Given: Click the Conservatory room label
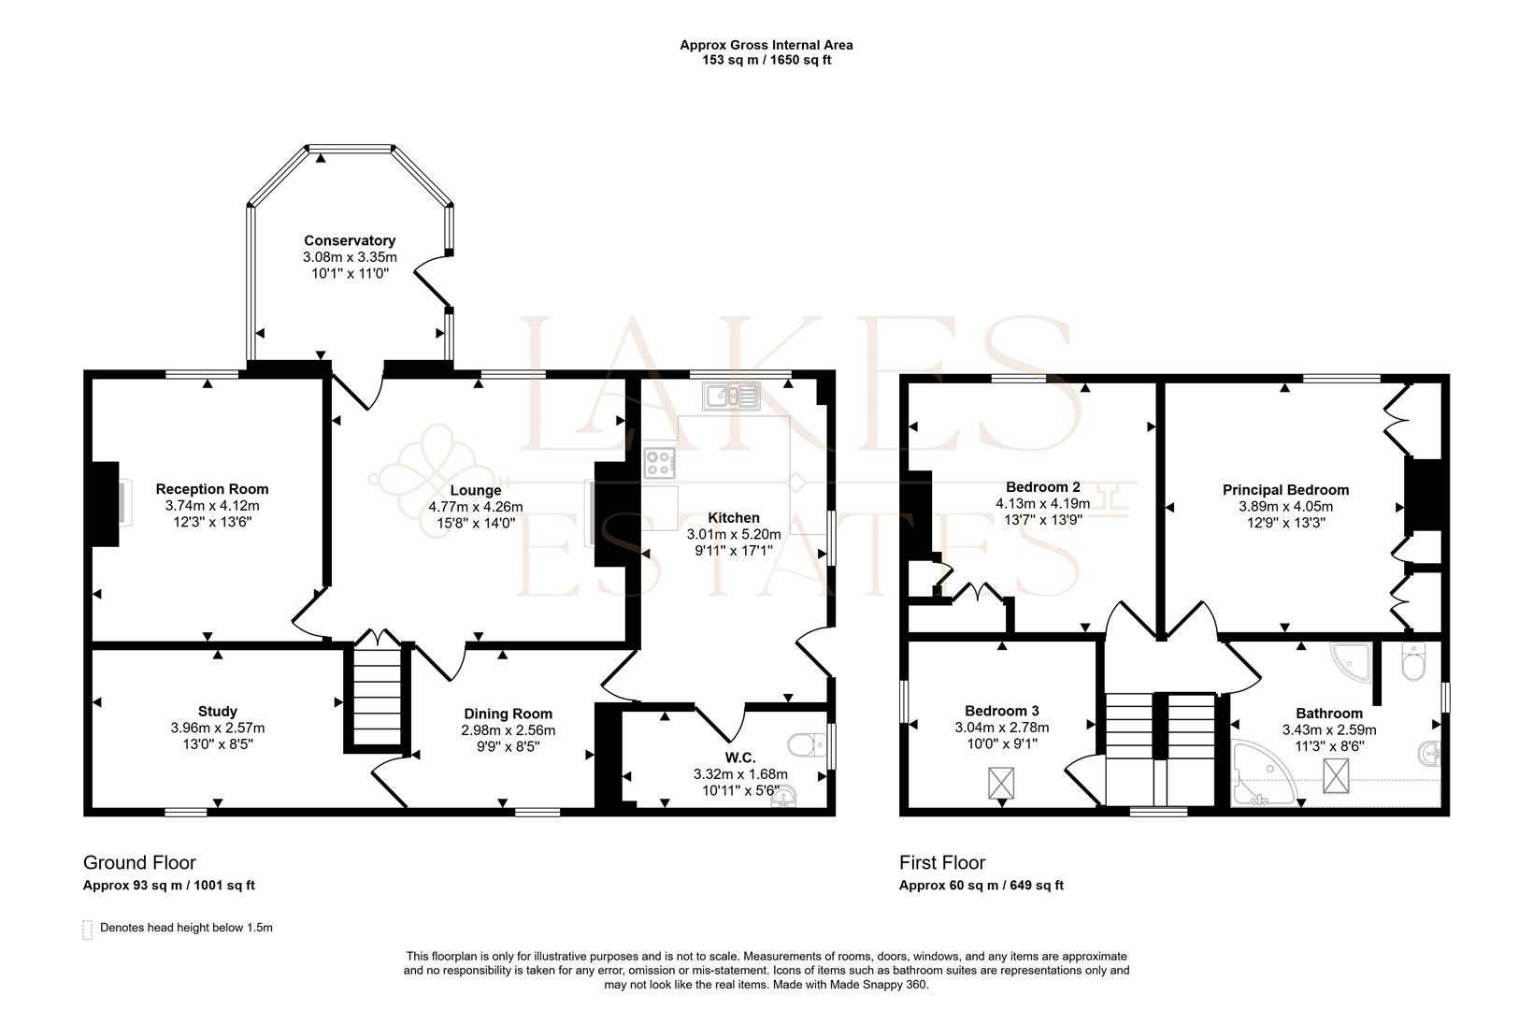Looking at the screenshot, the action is (x=350, y=240).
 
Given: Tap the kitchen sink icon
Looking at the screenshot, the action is (x=731, y=396).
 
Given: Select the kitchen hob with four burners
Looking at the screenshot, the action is (x=659, y=463).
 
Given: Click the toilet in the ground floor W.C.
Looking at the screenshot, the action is (x=807, y=744).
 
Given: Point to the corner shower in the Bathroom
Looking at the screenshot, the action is (x=1352, y=661).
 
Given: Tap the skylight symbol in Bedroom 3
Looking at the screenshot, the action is (x=1001, y=784).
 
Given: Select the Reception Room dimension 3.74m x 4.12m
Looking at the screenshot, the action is (x=212, y=505).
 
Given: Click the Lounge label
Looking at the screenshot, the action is (x=476, y=490).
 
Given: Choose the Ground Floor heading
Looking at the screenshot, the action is (x=139, y=862).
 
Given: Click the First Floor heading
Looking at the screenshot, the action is (x=942, y=862).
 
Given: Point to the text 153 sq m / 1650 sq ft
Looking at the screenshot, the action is (x=766, y=60).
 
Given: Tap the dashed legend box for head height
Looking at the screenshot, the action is (x=88, y=930).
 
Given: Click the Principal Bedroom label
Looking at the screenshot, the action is (x=1286, y=490).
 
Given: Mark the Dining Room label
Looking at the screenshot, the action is (x=508, y=714).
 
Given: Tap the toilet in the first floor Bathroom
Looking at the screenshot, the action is (x=1412, y=661).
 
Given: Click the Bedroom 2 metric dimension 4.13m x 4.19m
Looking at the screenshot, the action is (x=1043, y=503).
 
